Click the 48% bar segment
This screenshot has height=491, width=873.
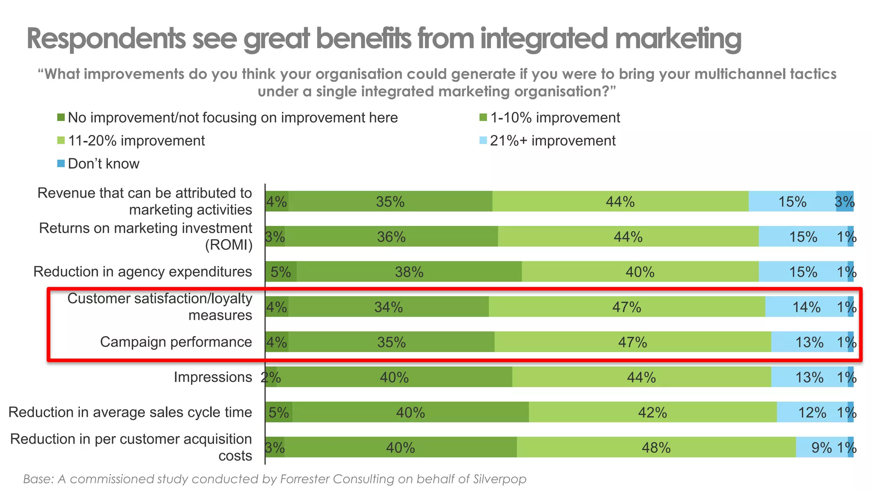[656, 447]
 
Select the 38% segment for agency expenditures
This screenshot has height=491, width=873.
[409, 271]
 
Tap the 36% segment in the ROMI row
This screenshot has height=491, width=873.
[391, 237]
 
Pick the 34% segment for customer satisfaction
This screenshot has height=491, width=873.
[388, 307]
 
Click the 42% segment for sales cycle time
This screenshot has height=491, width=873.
[652, 412]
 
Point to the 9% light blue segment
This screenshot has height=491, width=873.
[821, 447]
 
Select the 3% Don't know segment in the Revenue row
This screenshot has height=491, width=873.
[844, 201]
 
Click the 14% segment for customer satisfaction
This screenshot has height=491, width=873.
[806, 307]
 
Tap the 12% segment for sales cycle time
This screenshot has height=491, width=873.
[812, 412]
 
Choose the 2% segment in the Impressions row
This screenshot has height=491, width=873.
[271, 377]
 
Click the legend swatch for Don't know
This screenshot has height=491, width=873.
[61, 163]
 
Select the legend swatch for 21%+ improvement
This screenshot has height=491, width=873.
[483, 140]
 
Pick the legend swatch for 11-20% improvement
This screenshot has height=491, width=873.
[61, 140]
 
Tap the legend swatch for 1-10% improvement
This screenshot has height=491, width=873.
[483, 117]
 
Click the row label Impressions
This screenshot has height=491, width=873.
[213, 377]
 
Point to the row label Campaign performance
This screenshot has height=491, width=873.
[176, 342]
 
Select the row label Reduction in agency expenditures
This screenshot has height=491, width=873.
[142, 271]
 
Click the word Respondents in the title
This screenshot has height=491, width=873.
[106, 39]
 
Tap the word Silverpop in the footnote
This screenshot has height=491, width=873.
[500, 479]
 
